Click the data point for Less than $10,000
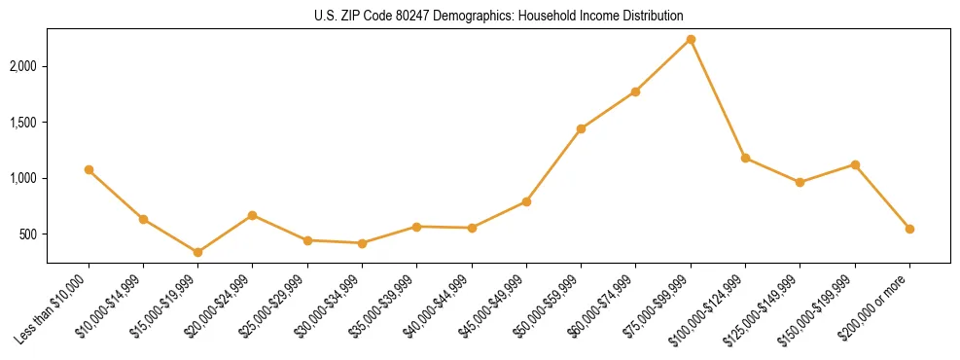pos(89,169)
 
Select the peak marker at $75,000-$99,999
pos(691,39)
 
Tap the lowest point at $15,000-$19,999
pos(197,252)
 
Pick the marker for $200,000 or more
pos(909,229)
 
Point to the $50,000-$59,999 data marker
pos(581,128)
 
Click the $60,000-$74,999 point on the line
pos(635,91)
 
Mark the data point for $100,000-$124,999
pos(745,158)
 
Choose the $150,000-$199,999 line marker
pos(855,164)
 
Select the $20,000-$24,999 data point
pos(252,215)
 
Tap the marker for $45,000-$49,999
pos(526,201)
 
